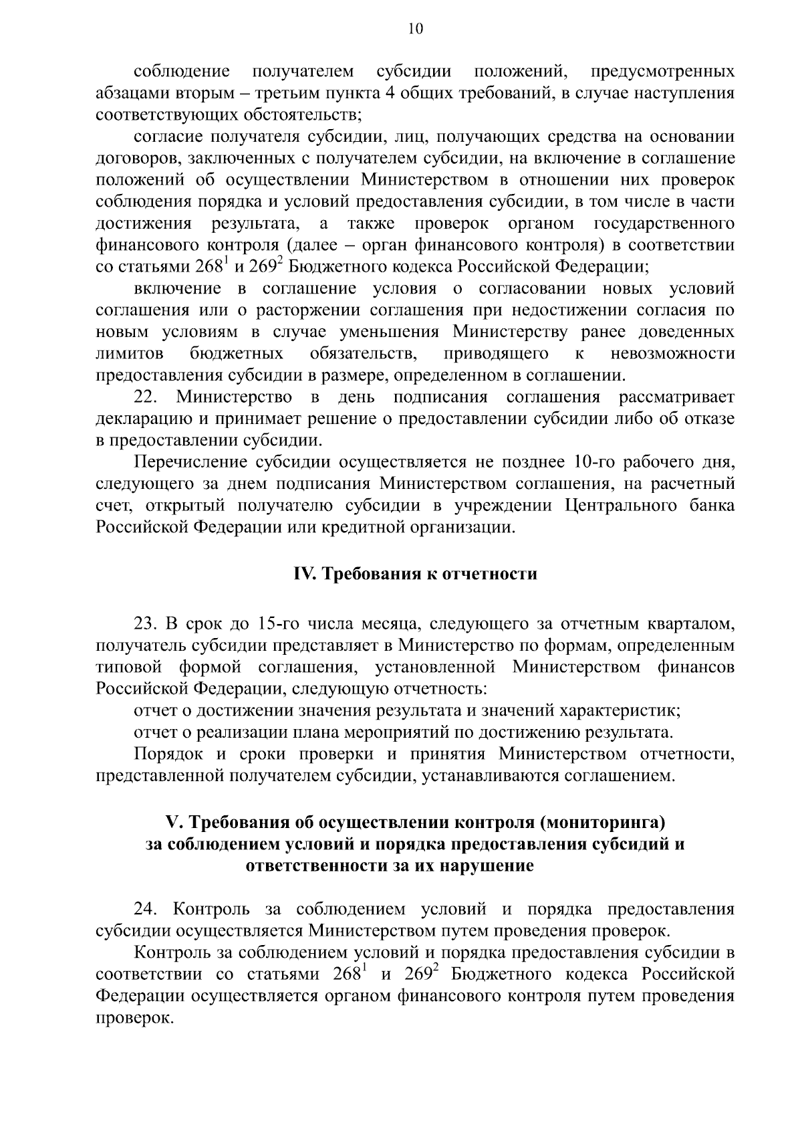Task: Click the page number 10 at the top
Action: (x=414, y=29)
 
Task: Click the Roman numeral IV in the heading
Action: (x=305, y=575)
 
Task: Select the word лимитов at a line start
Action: (x=130, y=353)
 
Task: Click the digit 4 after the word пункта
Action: (x=392, y=93)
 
